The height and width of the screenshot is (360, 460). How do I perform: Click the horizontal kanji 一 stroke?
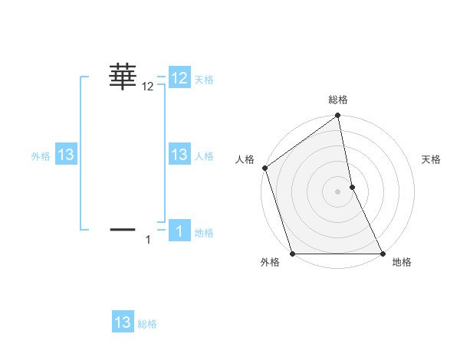123,228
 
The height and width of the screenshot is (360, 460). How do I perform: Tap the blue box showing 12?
179,78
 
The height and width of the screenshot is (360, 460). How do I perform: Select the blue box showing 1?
179,231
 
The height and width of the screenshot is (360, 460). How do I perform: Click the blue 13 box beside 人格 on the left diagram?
179,155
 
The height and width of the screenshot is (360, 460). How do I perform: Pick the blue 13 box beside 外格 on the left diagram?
66,155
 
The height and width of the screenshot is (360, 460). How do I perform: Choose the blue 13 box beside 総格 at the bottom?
123,322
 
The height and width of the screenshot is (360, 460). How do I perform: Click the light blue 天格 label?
204,80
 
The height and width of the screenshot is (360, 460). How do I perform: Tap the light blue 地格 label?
204,233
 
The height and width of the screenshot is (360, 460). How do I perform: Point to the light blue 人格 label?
204,156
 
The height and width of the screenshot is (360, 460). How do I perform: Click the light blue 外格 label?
41,156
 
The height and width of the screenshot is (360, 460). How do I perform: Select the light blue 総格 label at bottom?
147,324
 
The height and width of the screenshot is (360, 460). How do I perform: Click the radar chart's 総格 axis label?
338,100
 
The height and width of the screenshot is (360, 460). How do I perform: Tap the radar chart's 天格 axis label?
432,159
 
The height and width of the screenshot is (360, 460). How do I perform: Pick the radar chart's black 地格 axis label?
402,262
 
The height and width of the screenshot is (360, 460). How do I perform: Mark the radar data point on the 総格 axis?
338,116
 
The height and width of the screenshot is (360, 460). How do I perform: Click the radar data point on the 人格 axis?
265,168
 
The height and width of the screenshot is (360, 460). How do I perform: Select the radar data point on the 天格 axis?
352,187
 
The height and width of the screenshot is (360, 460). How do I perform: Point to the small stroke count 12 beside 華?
148,87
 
